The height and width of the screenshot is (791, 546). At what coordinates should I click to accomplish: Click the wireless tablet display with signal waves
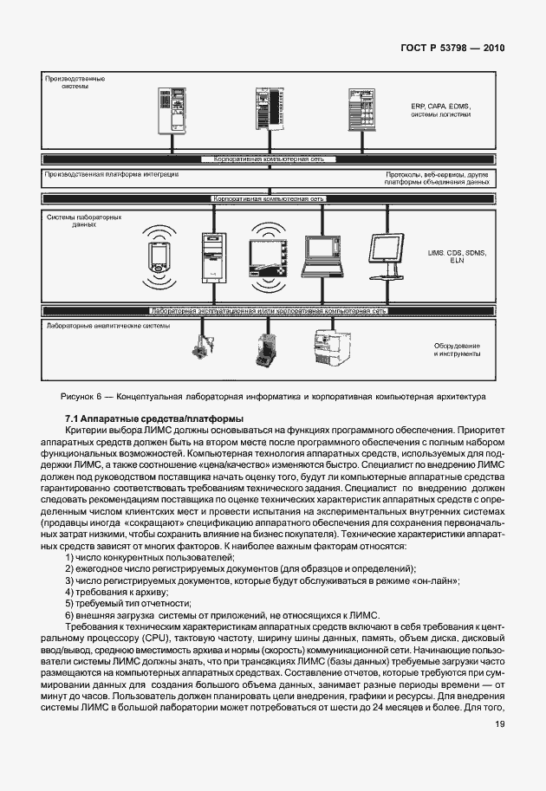[266, 257]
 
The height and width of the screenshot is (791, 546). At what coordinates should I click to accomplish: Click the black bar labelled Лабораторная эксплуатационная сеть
[268, 309]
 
